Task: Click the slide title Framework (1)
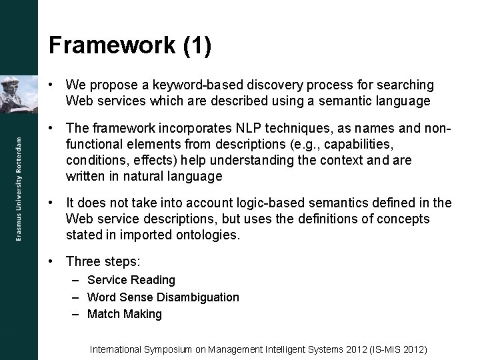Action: [130, 45]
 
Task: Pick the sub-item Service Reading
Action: [131, 280]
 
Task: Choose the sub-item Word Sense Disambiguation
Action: [163, 297]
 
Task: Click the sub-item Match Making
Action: [125, 314]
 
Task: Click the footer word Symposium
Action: [169, 349]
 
